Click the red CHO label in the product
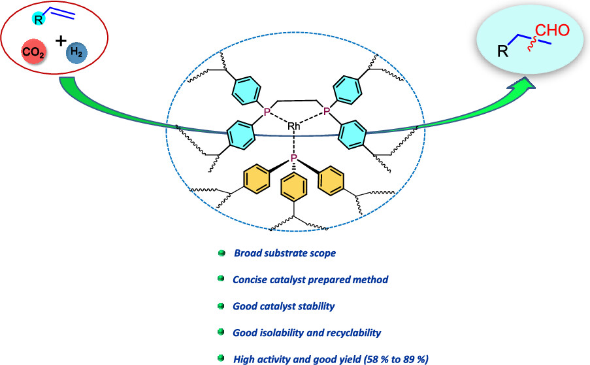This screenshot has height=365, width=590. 553,31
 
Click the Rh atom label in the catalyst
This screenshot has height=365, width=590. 294,125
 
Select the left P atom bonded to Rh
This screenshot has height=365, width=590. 267,113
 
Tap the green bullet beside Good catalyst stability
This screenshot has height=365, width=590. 221,305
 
